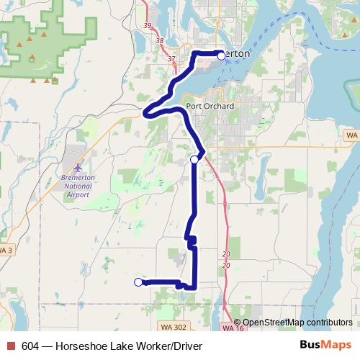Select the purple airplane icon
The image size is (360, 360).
click(x=68, y=168)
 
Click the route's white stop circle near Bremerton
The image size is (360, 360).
click(x=221, y=55)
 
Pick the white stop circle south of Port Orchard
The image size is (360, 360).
click(x=194, y=159)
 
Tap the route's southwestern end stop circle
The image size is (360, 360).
click(x=138, y=282)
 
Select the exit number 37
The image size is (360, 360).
click(x=171, y=58)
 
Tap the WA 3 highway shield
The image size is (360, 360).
click(x=5, y=250)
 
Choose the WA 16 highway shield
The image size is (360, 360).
click(x=230, y=328)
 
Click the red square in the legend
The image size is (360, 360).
click(x=10, y=346)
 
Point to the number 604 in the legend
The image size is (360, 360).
click(x=31, y=346)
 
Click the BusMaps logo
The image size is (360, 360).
click(x=325, y=346)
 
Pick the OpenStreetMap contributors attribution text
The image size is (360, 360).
click(x=298, y=322)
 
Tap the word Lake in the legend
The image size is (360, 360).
click(x=131, y=346)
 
